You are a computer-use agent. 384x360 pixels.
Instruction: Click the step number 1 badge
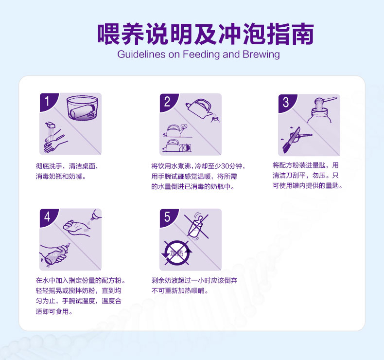[48, 101]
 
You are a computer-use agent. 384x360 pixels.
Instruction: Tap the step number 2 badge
[168, 102]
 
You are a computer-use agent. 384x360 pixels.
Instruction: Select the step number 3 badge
[286, 102]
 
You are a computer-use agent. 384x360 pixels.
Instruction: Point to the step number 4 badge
[48, 217]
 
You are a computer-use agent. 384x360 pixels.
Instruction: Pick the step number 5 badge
[168, 217]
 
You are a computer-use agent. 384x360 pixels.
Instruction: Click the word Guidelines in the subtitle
[141, 54]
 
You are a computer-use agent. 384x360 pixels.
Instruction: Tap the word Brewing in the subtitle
[261, 54]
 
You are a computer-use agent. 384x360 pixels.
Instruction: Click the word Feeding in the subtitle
[201, 54]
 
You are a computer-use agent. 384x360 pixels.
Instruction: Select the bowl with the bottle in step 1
[82, 108]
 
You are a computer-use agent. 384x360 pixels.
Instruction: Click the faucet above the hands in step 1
[51, 125]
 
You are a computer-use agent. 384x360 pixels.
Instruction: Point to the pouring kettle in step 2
[199, 108]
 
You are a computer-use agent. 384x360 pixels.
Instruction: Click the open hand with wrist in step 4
[77, 228]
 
